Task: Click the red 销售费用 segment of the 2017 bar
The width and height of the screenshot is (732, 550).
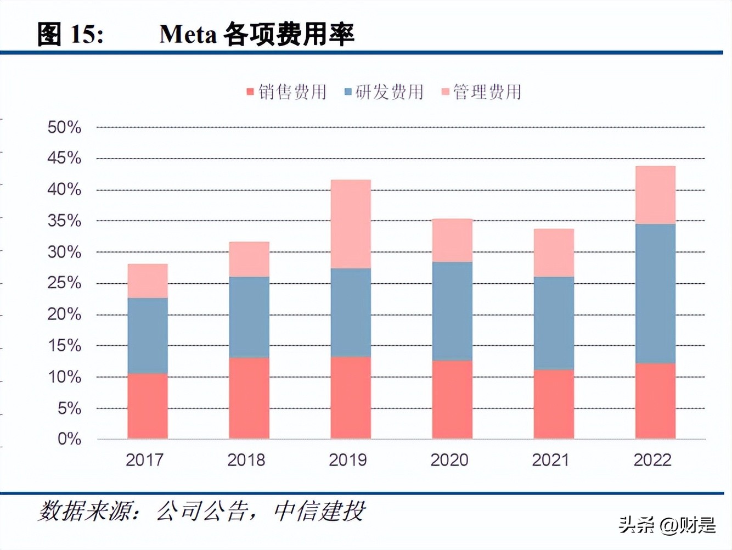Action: (x=148, y=406)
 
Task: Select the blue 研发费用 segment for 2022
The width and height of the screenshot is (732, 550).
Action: (x=655, y=293)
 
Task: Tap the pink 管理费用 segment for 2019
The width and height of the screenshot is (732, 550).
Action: (x=351, y=224)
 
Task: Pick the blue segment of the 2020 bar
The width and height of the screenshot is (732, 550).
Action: (x=452, y=311)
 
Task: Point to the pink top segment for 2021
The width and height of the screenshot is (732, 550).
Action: (x=554, y=252)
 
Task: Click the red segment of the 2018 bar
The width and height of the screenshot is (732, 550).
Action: (x=249, y=398)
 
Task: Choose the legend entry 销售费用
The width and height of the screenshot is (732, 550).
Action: (x=287, y=92)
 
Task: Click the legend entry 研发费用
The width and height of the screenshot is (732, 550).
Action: (x=384, y=92)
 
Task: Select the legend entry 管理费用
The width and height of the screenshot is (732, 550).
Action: (x=482, y=92)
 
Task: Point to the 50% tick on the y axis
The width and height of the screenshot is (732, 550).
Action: (x=64, y=127)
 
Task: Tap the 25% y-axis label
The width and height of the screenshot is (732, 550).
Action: (x=64, y=283)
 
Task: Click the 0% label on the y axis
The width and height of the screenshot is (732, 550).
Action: (x=69, y=439)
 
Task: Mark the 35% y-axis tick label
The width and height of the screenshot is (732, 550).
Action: (x=64, y=221)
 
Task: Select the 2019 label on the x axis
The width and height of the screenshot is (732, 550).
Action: (x=348, y=459)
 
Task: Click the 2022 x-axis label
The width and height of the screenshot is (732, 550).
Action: (x=652, y=459)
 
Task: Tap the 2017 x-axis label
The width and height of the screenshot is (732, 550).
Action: (x=145, y=459)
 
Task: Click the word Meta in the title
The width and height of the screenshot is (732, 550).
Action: (x=188, y=34)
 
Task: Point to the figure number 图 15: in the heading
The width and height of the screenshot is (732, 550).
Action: (x=70, y=34)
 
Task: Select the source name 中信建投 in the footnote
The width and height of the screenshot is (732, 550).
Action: (x=319, y=511)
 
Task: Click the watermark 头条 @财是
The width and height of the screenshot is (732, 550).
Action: (x=667, y=525)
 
